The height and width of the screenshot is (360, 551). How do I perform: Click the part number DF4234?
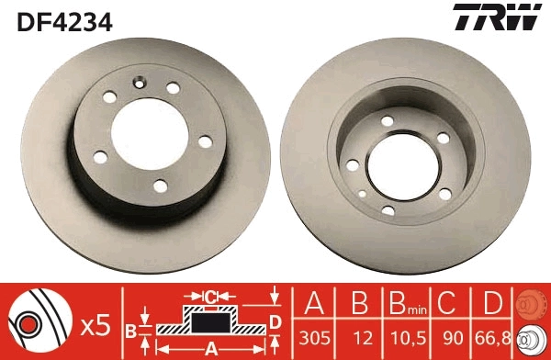point(62,20)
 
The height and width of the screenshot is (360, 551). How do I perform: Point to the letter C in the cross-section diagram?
point(210,296)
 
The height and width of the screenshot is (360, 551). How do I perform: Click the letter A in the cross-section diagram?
point(209,347)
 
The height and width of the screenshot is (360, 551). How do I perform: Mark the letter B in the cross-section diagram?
point(130,329)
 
